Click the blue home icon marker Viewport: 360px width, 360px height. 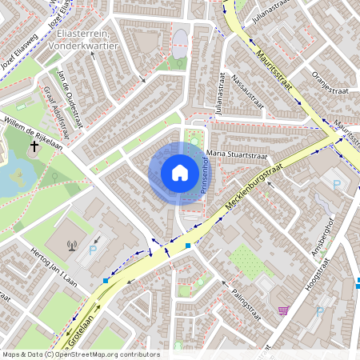pyautogui.click(x=179, y=173)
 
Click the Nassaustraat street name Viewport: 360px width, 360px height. pyautogui.click(x=246, y=90)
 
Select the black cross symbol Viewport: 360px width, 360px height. pyautogui.click(x=34, y=146)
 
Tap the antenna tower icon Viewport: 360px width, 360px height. pyautogui.click(x=72, y=246)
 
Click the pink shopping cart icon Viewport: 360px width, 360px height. pyautogui.click(x=282, y=310)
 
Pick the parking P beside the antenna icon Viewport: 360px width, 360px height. pyautogui.click(x=93, y=250)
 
